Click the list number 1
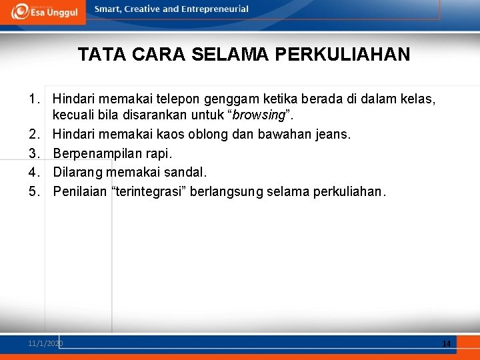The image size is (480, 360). point(33,100)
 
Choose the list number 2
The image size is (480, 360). point(33,135)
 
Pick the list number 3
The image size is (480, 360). point(33,153)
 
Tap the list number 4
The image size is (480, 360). point(33,172)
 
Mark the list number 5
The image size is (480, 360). point(33,192)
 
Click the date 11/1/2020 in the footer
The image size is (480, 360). point(45,343)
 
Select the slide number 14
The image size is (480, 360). point(446,343)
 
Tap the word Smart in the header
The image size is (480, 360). point(107,9)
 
